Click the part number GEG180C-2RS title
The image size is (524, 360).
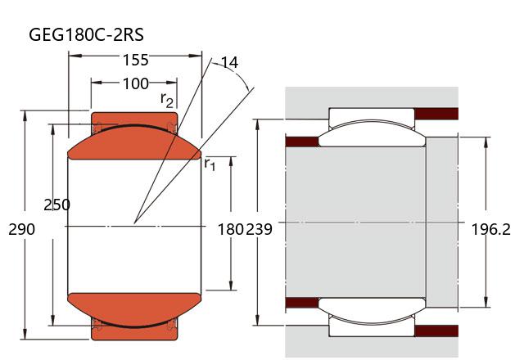click(x=86, y=34)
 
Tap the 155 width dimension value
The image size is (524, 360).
click(x=135, y=60)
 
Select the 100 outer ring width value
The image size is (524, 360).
click(x=135, y=83)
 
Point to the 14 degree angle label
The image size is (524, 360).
click(x=230, y=62)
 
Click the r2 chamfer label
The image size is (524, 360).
click(x=167, y=100)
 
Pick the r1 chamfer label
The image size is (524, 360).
click(x=210, y=164)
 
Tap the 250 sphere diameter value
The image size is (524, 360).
click(x=56, y=205)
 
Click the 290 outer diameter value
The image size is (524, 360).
click(x=21, y=229)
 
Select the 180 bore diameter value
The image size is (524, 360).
click(x=230, y=229)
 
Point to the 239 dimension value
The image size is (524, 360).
click(x=259, y=229)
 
